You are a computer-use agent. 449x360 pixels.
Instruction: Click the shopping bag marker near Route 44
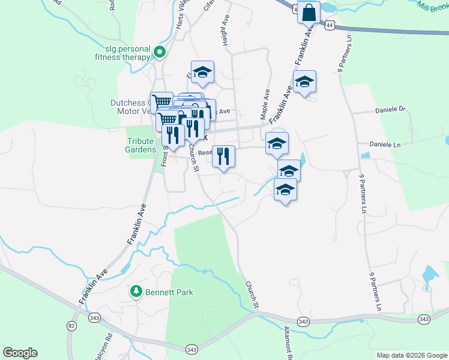point(309,13)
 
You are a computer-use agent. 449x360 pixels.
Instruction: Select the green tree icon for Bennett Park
point(136,292)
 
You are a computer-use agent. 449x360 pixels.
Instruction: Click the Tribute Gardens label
point(140,146)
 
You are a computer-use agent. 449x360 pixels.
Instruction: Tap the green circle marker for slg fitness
point(160,52)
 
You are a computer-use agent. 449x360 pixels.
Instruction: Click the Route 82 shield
point(72,326)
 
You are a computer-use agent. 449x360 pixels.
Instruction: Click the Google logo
point(20,353)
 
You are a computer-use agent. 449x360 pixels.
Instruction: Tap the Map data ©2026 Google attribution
point(412,355)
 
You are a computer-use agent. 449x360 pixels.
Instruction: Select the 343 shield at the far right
point(424,319)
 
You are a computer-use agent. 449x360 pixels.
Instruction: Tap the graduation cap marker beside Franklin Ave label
point(304,82)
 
